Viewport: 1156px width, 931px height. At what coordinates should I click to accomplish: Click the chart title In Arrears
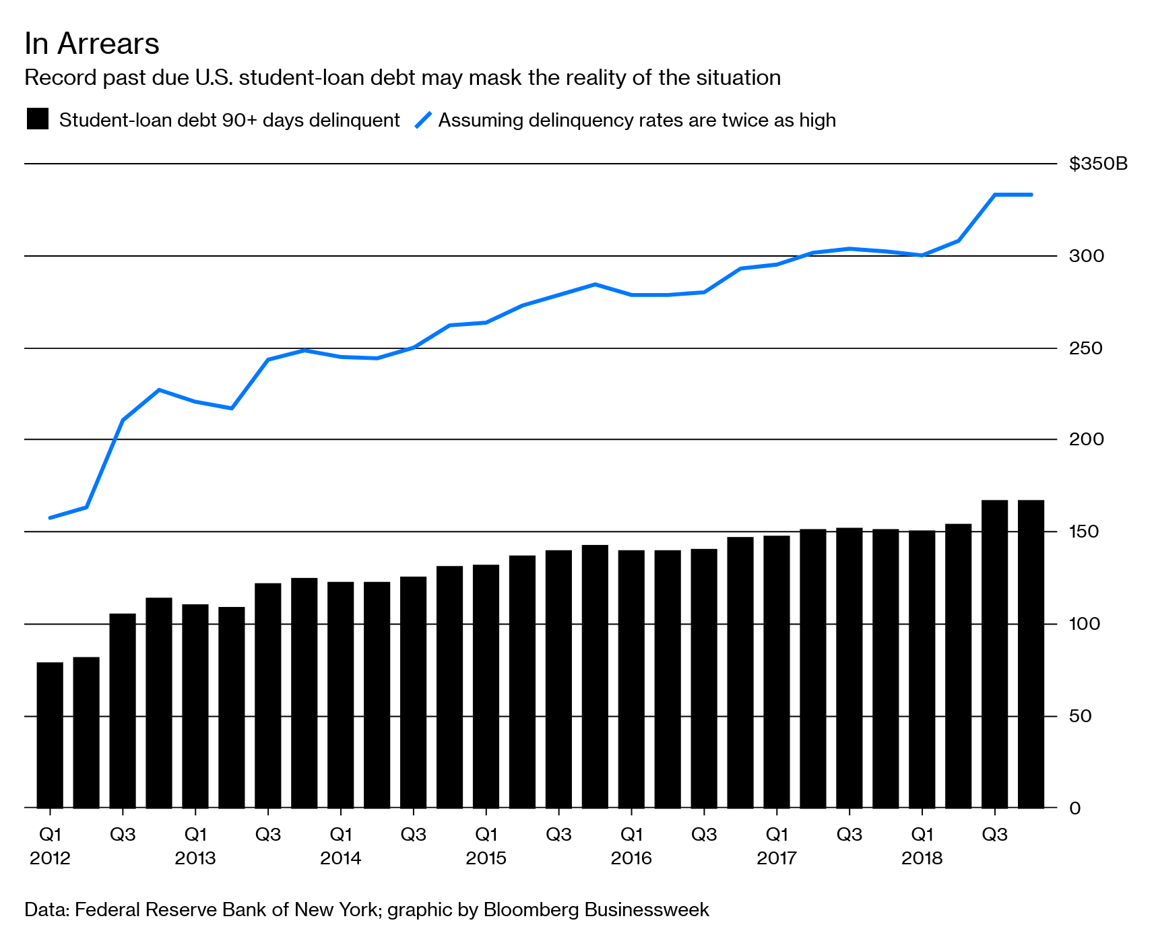(92, 44)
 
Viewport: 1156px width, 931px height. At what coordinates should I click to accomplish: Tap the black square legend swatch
(38, 119)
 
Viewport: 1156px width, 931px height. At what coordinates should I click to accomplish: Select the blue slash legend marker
(423, 120)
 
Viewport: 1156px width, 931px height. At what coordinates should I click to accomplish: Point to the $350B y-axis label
(1097, 164)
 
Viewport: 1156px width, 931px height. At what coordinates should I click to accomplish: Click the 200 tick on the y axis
(1086, 439)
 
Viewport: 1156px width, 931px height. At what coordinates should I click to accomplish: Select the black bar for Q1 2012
(50, 734)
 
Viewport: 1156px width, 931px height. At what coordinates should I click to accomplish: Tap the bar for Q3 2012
(123, 711)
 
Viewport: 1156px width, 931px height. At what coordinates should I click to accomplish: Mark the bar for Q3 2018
(994, 653)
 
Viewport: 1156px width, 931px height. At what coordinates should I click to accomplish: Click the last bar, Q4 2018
(1031, 653)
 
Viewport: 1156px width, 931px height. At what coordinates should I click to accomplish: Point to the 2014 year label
(340, 858)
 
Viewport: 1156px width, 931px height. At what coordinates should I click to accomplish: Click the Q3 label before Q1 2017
(704, 835)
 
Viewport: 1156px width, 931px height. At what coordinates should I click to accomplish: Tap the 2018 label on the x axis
(922, 858)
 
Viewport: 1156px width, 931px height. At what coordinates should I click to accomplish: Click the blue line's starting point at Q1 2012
(51, 517)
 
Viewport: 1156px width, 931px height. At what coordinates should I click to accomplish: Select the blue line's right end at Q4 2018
(1031, 195)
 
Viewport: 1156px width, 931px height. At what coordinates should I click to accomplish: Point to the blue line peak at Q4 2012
(159, 390)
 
